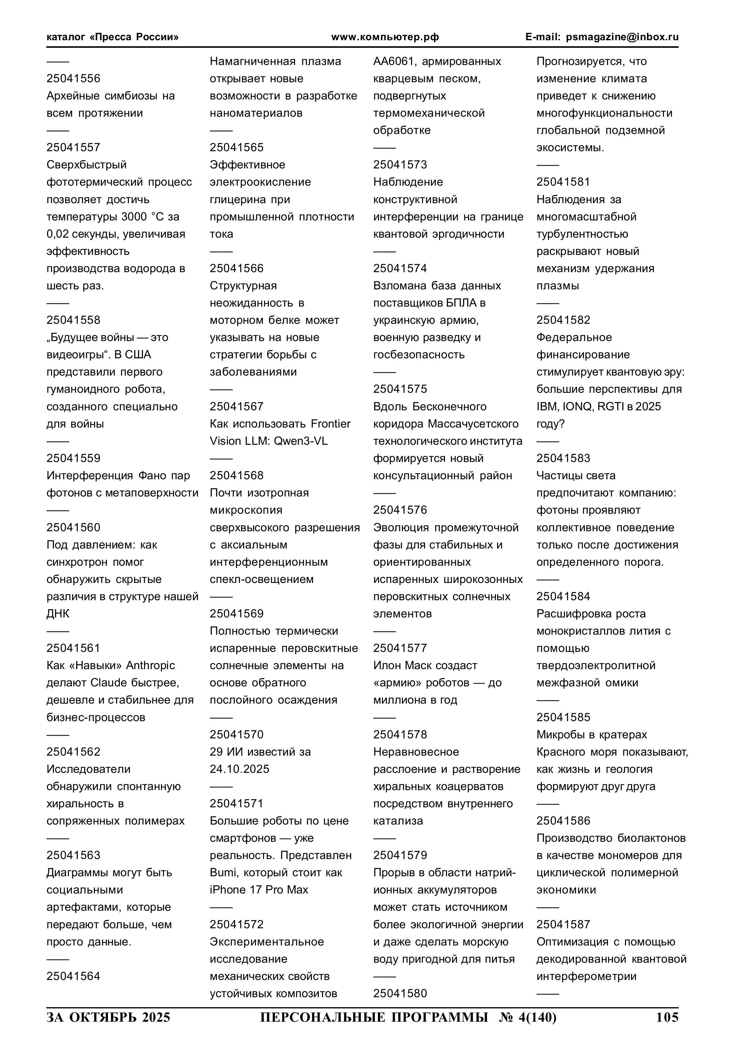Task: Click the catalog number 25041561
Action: [73, 648]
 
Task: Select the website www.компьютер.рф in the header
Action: [385, 37]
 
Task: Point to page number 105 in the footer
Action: [667, 1017]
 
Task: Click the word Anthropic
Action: [151, 666]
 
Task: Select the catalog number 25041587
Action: [563, 924]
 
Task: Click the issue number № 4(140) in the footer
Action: [528, 1017]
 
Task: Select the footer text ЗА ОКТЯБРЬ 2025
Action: [108, 1017]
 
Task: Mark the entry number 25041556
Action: [73, 79]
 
